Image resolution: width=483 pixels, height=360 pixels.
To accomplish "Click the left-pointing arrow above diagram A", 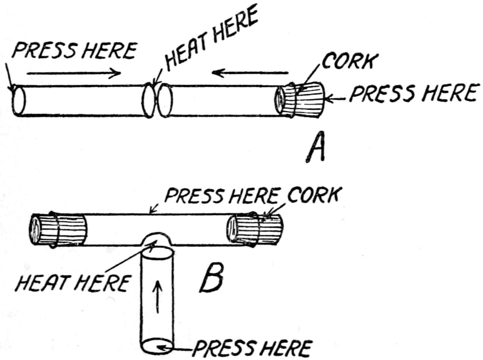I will [249, 73].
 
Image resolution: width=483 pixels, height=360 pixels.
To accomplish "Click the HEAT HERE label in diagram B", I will [73, 283].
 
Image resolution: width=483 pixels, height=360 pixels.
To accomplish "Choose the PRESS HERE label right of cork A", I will [412, 93].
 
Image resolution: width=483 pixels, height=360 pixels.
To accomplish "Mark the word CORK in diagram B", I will [313, 195].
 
